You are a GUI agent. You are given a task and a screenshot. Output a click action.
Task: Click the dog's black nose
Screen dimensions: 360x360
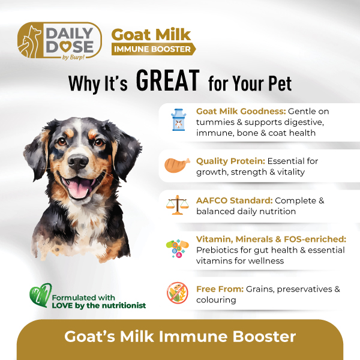pyautogui.click(x=78, y=161)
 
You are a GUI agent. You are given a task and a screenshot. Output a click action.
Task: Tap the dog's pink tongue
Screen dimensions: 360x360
pyautogui.click(x=79, y=188)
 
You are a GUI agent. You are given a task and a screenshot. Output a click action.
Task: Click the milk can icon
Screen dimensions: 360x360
pyautogui.click(x=178, y=120)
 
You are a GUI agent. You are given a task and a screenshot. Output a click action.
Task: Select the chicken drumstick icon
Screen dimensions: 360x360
pyautogui.click(x=177, y=165)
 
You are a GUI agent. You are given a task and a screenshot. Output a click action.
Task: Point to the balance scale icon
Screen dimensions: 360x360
pyautogui.click(x=177, y=205)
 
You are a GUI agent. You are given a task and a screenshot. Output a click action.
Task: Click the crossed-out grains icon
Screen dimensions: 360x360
pyautogui.click(x=177, y=293)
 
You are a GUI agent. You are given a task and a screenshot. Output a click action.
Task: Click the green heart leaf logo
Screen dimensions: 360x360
pyautogui.click(x=40, y=295)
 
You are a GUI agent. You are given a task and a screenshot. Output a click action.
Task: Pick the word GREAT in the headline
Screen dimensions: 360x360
pyautogui.click(x=168, y=81)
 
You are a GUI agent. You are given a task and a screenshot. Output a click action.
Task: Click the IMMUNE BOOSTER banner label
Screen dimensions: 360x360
pyautogui.click(x=153, y=49)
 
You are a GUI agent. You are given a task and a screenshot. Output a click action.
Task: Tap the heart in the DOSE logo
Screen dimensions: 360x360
pyautogui.click(x=65, y=47)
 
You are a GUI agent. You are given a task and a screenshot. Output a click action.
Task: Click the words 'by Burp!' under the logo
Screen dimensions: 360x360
pyautogui.click(x=73, y=58)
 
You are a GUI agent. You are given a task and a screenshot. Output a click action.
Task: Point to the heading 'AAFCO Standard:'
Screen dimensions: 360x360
pyautogui.click(x=235, y=200)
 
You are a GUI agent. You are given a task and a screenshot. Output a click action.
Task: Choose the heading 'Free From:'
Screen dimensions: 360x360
pyautogui.click(x=220, y=289)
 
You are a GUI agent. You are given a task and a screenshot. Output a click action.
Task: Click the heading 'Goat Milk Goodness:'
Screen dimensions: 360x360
pyautogui.click(x=241, y=112)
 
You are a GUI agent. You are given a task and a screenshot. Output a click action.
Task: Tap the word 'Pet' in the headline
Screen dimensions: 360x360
pyautogui.click(x=280, y=83)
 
